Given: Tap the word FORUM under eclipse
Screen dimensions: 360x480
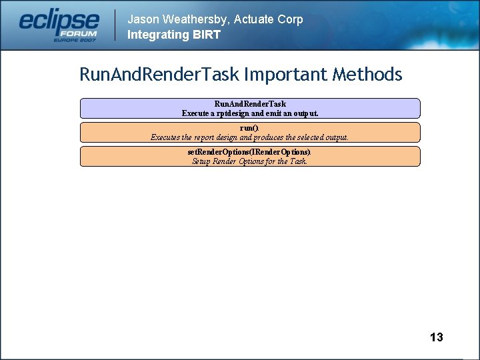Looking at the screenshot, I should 79,33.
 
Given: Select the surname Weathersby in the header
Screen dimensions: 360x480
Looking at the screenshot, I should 196,19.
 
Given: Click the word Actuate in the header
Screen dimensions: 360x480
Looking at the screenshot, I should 255,19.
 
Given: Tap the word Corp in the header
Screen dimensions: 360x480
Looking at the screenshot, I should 290,19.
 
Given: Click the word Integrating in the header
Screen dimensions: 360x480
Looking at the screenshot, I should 157,35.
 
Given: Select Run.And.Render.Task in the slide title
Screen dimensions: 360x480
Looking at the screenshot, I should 159,74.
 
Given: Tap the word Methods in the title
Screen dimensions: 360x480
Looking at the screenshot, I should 371,74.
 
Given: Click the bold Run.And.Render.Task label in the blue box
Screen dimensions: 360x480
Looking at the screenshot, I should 250,104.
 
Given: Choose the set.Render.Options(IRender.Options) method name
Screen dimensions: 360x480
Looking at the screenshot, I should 249,152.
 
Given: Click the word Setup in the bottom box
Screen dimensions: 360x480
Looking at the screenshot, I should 201,161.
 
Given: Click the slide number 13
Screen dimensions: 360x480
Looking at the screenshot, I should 436,337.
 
